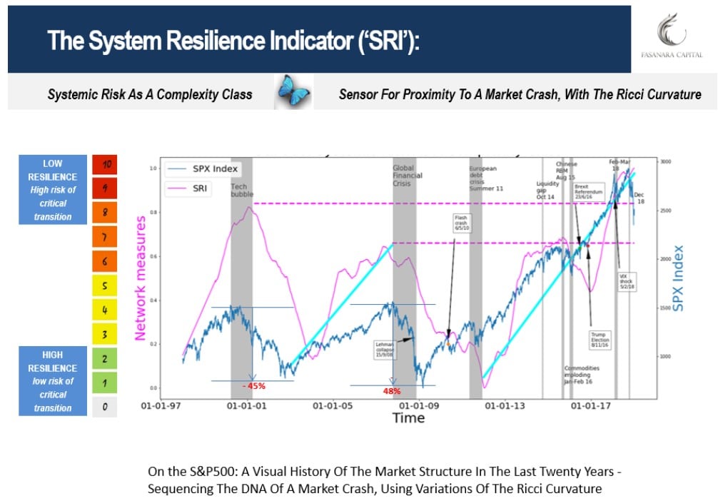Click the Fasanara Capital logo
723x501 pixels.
[674, 37]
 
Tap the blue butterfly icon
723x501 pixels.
[294, 93]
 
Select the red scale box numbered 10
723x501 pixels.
[104, 163]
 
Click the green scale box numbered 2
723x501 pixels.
[104, 360]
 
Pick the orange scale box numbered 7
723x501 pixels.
[104, 236]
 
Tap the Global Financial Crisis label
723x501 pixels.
[408, 176]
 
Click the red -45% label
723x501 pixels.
[253, 386]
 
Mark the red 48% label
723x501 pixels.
[391, 391]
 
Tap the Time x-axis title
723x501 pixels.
[408, 418]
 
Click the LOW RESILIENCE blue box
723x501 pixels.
[52, 190]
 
